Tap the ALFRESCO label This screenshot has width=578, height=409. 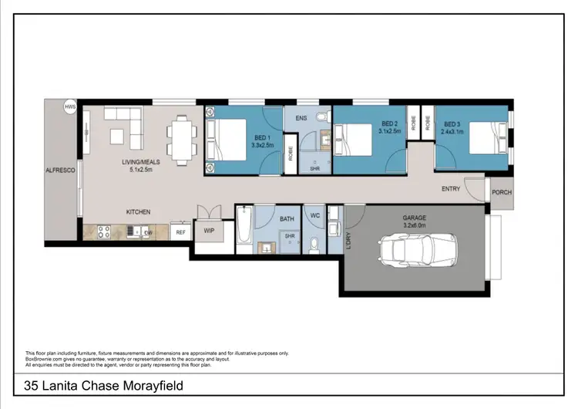59,170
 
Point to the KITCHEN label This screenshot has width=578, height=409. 138,211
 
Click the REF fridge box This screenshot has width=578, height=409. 180,232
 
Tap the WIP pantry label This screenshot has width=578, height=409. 208,230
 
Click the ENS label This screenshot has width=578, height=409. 301,118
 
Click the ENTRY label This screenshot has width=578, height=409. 451,189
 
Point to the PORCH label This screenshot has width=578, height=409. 501,192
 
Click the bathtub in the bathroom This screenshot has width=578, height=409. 244,230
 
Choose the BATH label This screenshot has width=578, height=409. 287,219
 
